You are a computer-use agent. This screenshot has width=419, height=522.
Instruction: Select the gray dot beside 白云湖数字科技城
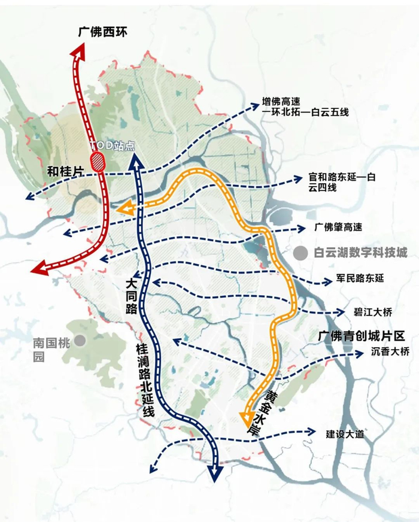299,253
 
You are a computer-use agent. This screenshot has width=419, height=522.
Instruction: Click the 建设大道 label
345,433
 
